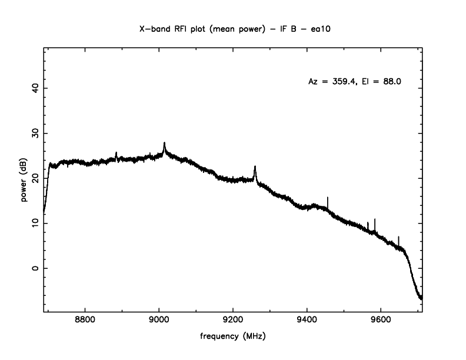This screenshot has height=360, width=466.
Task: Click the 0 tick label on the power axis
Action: tap(35, 268)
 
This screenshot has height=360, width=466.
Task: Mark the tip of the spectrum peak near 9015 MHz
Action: tap(164, 142)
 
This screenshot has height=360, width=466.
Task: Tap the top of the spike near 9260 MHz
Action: tap(255, 166)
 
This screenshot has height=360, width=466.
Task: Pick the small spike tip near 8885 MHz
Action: tap(116, 152)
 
